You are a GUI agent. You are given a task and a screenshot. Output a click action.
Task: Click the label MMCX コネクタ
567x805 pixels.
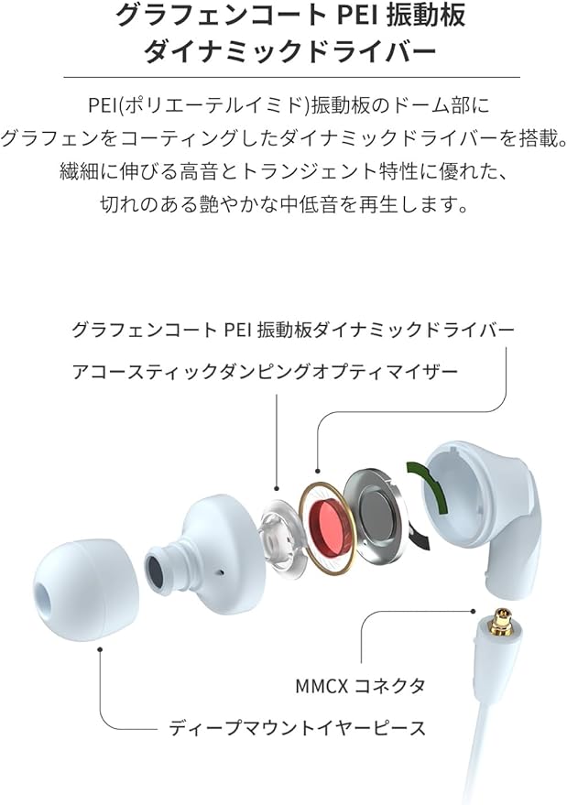coord(360,685)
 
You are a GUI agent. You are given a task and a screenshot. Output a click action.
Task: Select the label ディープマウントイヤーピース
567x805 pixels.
coord(298,727)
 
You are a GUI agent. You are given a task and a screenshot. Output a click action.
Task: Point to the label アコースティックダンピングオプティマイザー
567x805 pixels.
coord(265,371)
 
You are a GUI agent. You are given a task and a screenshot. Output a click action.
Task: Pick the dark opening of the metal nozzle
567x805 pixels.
coord(156,571)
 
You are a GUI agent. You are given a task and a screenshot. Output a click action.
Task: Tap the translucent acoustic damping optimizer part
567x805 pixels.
coord(282,536)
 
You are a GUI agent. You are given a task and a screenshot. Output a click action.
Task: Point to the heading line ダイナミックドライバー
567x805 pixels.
coord(290,51)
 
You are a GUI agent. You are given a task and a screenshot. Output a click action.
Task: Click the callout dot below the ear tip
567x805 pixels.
coord(100,649)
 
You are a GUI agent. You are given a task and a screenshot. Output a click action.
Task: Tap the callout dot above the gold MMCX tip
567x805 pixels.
coord(473,611)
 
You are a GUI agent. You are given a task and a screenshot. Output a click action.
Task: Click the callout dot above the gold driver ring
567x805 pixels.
coord(318,470)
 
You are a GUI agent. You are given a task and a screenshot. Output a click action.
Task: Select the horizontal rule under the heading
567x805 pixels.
coord(291,77)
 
